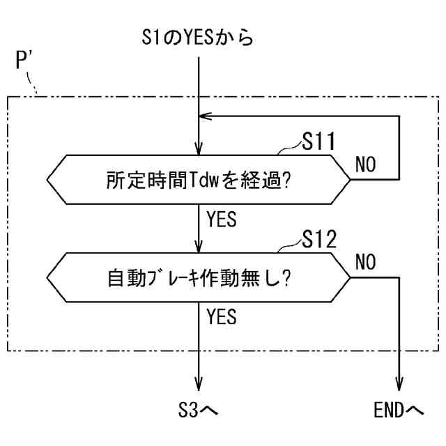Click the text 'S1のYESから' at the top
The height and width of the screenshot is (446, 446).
[199, 37]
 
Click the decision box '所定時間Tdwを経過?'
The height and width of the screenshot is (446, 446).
[199, 179]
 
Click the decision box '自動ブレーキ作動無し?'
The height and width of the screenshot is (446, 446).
[199, 277]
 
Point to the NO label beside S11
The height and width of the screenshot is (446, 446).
[365, 164]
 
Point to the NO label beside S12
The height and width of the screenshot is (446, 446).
[365, 263]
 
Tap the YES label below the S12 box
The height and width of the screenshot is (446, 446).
[222, 317]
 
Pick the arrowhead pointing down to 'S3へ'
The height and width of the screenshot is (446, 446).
[199, 385]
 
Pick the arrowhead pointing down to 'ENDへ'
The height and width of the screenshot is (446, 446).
[400, 385]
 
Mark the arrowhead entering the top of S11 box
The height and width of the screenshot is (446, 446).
[199, 149]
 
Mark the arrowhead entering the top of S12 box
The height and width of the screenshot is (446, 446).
[199, 247]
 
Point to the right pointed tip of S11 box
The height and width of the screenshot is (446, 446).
[351, 179]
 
